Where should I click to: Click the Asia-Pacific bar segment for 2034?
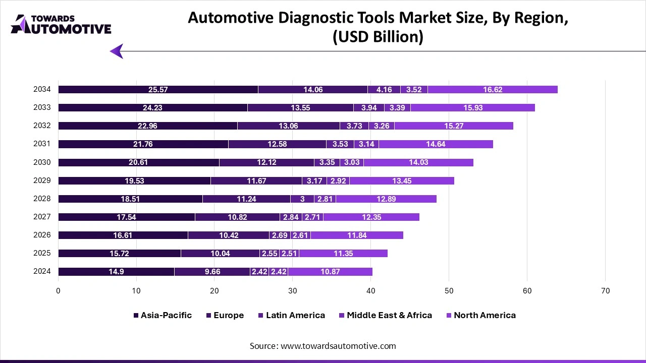pyautogui.click(x=158, y=90)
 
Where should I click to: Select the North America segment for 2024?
pyautogui.click(x=330, y=272)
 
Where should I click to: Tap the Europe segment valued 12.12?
pyautogui.click(x=266, y=162)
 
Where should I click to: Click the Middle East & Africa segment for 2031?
pyautogui.click(x=366, y=144)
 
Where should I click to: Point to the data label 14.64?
pyautogui.click(x=436, y=144)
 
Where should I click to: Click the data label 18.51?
pyautogui.click(x=130, y=199)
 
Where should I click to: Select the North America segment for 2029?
pyautogui.click(x=402, y=180)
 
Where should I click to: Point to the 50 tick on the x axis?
pyautogui.click(x=449, y=291)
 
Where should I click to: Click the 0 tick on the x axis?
pyautogui.click(x=58, y=291)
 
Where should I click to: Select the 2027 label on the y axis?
pyautogui.click(x=42, y=217)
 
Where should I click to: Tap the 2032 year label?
pyautogui.click(x=42, y=126)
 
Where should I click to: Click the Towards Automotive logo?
pyautogui.click(x=61, y=24)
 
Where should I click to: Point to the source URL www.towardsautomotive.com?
pyautogui.click(x=338, y=346)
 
